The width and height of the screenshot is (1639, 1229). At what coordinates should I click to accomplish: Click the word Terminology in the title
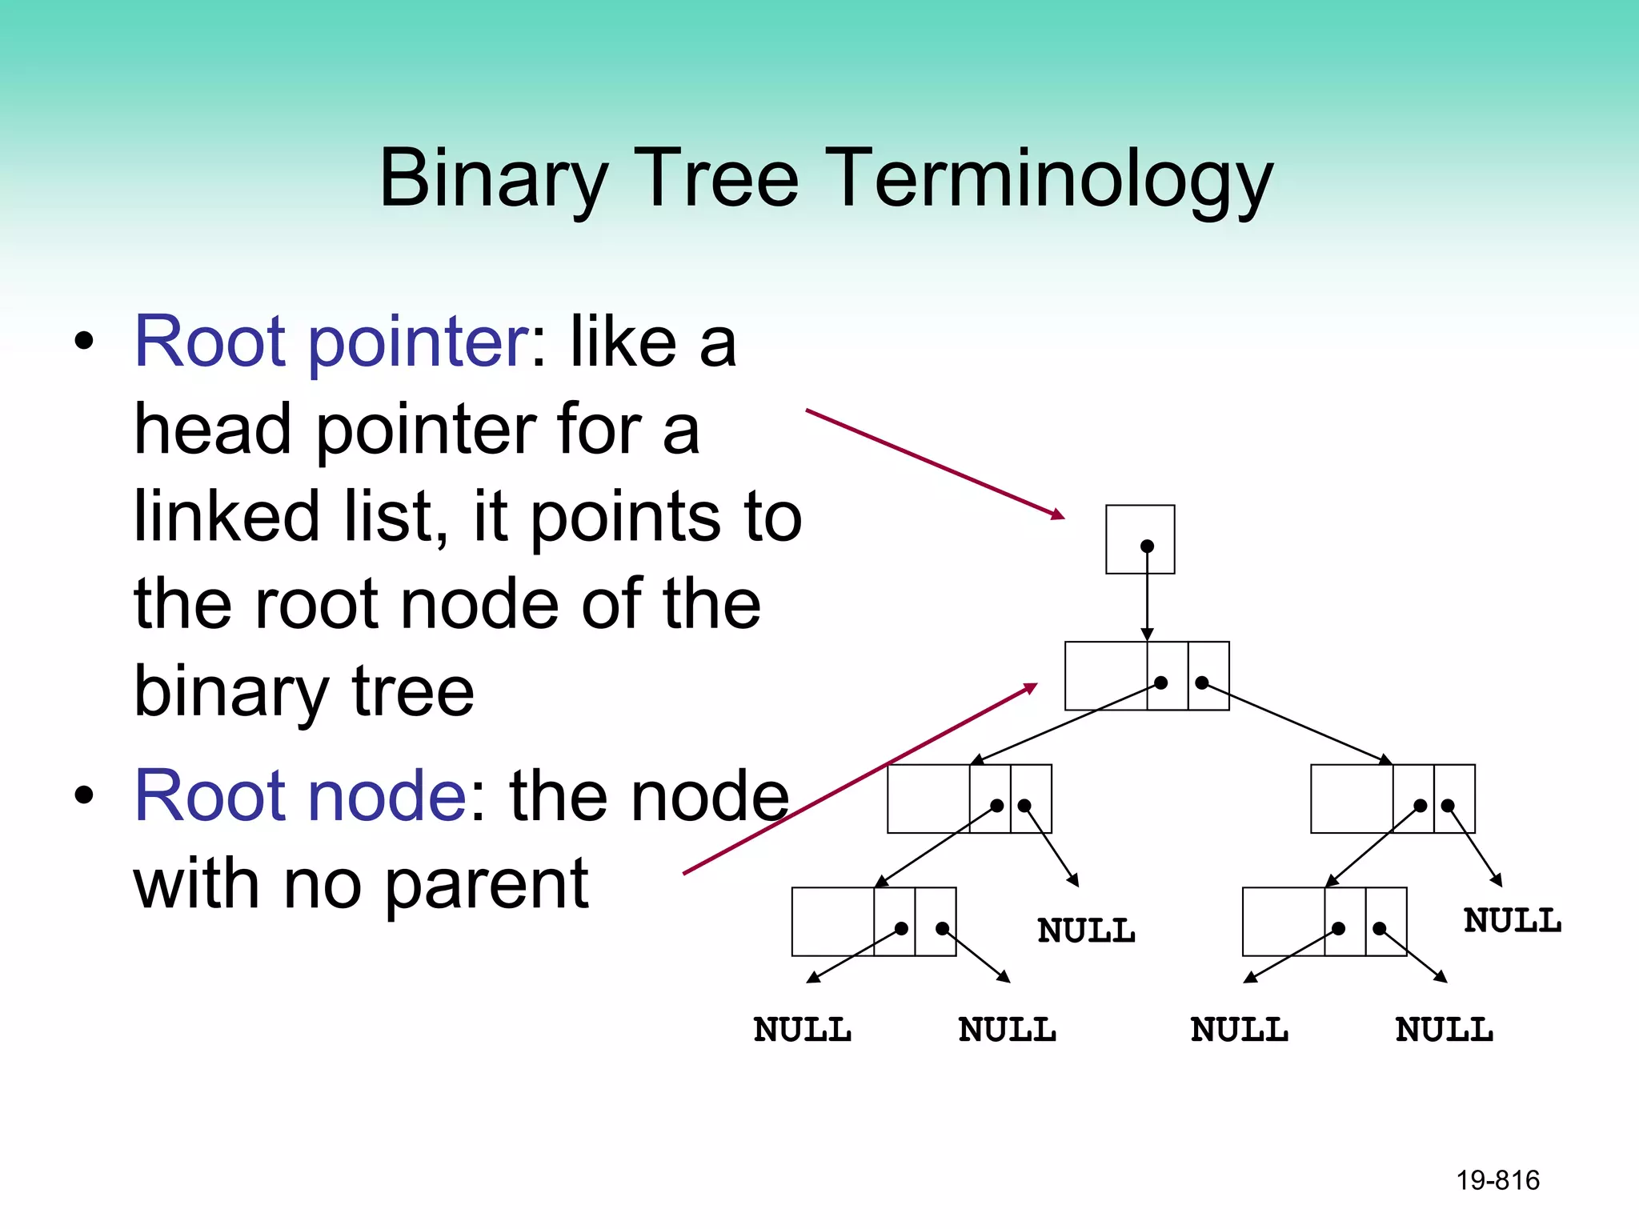(1048, 180)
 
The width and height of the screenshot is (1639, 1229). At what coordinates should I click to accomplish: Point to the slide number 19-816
(1497, 1180)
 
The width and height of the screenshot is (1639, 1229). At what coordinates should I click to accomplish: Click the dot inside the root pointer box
(1147, 546)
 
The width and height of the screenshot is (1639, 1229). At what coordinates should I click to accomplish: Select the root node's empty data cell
(1105, 675)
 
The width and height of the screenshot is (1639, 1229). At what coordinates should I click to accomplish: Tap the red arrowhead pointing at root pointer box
(1059, 515)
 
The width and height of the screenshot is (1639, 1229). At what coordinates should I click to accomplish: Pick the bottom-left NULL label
(802, 1030)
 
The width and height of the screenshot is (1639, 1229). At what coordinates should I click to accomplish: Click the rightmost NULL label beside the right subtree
(1512, 920)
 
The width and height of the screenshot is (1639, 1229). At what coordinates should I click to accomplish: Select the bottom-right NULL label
(1444, 1030)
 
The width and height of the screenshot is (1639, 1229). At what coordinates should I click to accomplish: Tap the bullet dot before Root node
(83, 796)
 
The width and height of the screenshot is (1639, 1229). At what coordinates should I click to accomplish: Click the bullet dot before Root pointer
(83, 342)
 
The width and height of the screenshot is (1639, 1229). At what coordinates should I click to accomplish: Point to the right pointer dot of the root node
(1201, 683)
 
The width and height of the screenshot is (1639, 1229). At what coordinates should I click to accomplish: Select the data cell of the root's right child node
(1351, 799)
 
